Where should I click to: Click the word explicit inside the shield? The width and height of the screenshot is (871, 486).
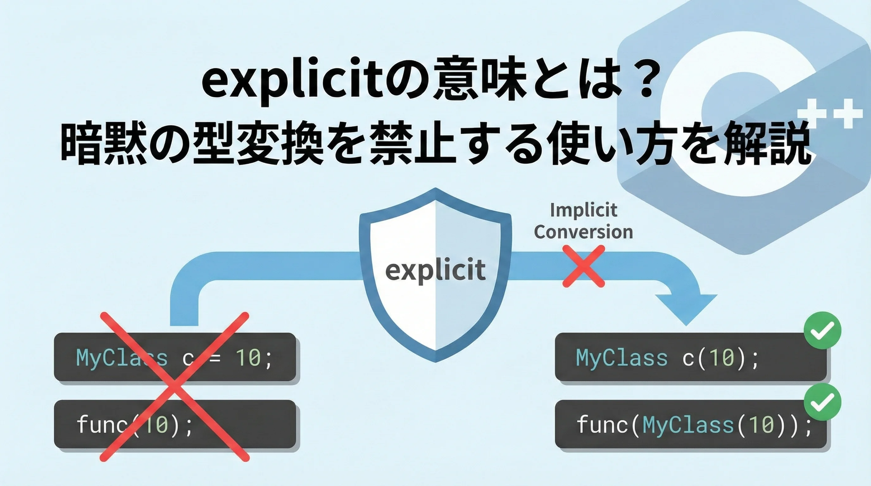[x=435, y=271]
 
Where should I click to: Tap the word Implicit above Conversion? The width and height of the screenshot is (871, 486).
[x=584, y=210]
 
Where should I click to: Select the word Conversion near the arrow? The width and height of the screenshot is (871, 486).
[x=584, y=232]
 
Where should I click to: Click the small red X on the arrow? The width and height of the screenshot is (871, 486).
[x=584, y=266]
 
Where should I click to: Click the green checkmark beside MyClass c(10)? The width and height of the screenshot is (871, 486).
[x=823, y=330]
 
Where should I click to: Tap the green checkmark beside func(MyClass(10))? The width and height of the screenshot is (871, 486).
[x=823, y=402]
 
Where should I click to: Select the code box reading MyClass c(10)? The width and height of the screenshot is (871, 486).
[x=691, y=357]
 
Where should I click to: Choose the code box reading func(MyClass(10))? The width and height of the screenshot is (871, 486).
[x=691, y=425]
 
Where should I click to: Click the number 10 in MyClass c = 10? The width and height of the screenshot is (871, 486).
[x=248, y=357]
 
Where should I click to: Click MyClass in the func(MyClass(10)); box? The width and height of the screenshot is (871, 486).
[x=688, y=425]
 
